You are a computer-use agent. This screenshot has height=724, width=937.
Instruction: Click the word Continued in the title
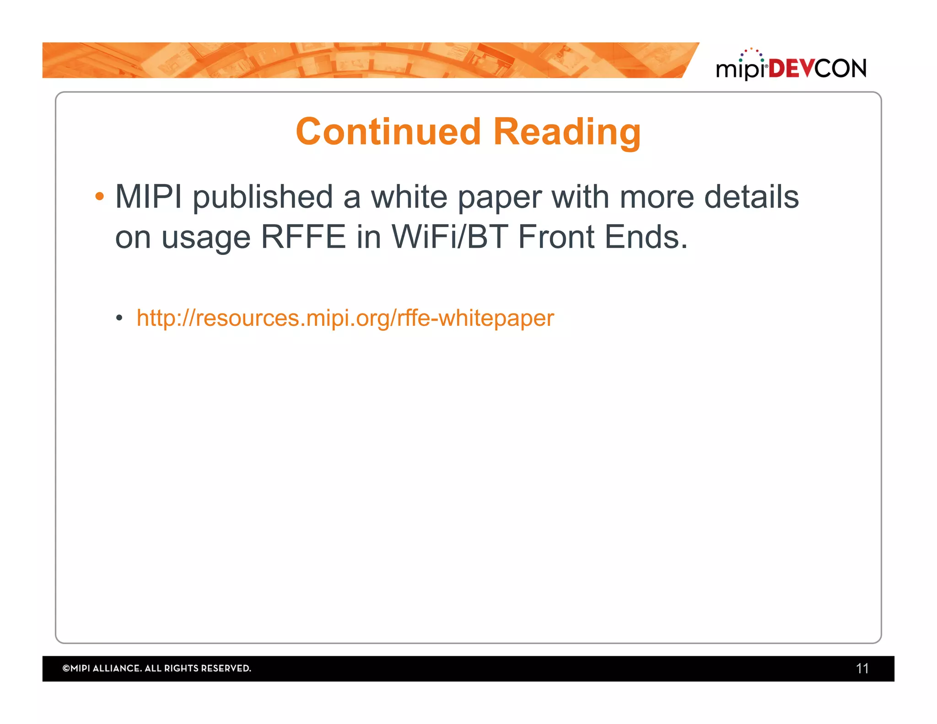tap(388, 132)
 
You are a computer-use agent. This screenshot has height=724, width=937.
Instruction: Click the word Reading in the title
tap(567, 133)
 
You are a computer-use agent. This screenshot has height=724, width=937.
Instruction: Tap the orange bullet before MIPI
tap(99, 197)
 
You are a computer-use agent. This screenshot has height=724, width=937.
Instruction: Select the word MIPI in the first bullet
tap(148, 197)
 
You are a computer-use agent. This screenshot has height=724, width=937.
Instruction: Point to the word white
tap(409, 197)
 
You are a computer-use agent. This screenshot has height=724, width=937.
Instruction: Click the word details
tap(751, 197)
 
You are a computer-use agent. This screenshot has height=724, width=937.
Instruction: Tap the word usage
tap(205, 238)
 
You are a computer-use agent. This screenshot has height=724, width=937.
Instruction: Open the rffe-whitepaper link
tap(345, 318)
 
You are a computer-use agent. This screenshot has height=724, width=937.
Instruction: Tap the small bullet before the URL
tap(119, 318)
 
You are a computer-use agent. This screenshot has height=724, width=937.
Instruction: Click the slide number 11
tap(862, 669)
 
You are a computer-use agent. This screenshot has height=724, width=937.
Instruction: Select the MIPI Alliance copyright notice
tap(156, 669)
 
